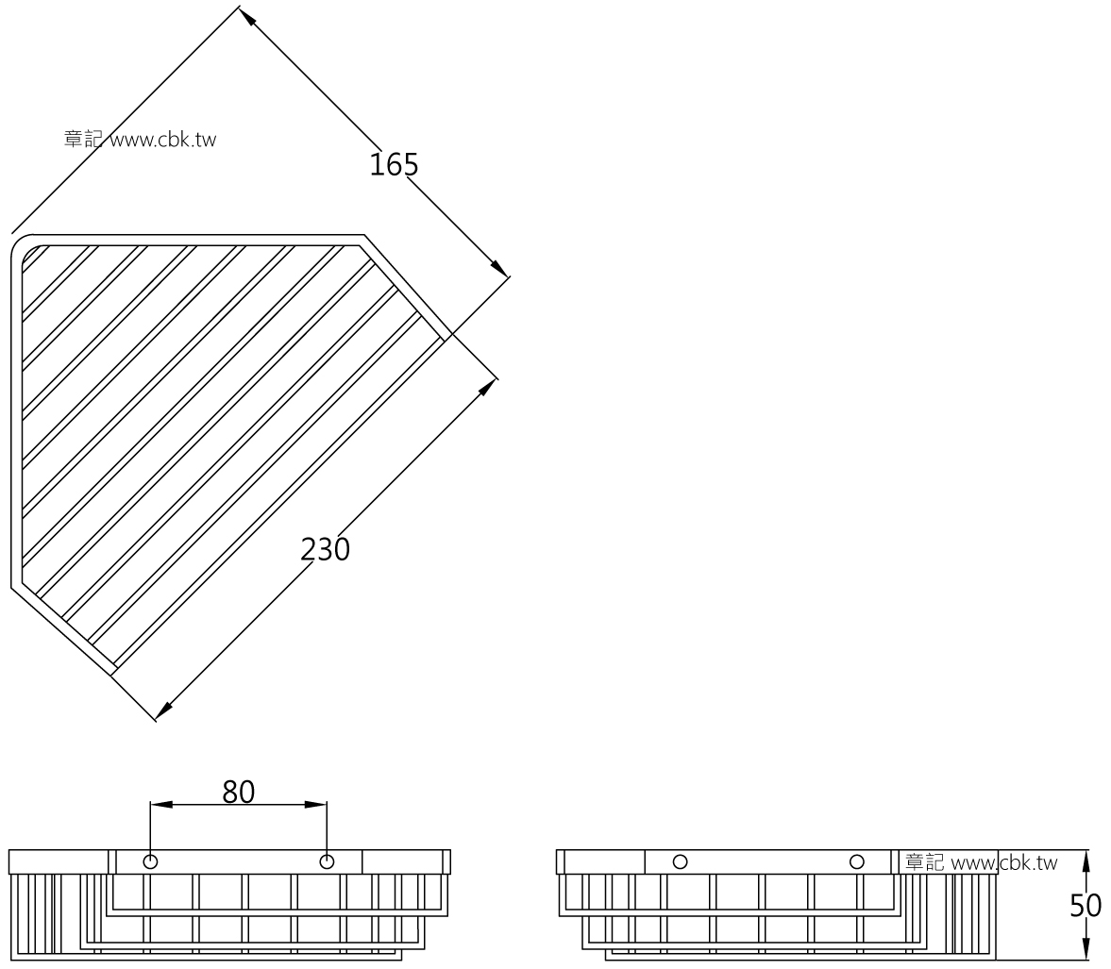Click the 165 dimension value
394,164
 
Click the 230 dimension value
326,550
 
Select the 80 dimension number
238,793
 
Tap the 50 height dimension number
1085,906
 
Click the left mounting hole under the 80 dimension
150,862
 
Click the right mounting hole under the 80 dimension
327,862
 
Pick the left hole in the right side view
681,862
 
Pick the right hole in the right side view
857,862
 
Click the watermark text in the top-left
140,140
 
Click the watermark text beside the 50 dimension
982,862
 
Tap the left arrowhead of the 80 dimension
161,805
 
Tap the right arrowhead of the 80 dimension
316,805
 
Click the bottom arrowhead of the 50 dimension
1086,949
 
